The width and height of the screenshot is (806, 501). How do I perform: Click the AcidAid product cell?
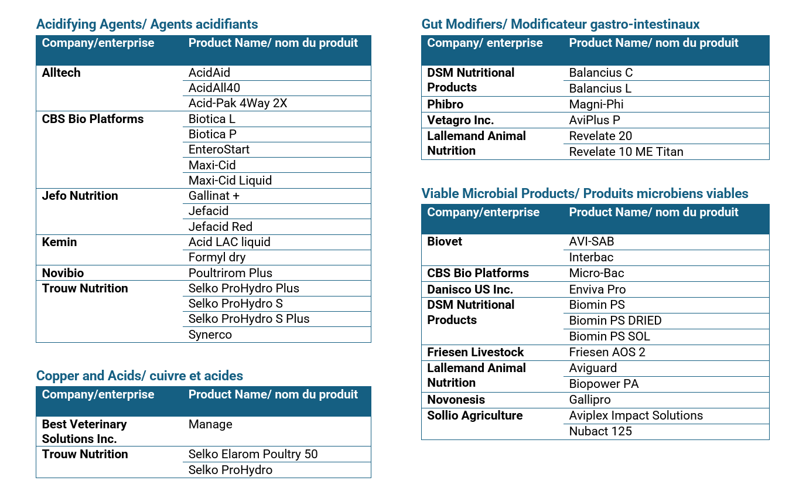tap(209, 73)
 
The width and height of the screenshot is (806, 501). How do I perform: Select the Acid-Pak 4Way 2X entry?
tap(238, 103)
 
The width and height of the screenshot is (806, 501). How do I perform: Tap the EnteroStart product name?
tap(219, 149)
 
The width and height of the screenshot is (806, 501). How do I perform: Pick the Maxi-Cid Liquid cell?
tap(230, 180)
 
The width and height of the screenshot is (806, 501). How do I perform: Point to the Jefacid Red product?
tap(220, 227)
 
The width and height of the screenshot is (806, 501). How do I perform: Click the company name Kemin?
tap(59, 242)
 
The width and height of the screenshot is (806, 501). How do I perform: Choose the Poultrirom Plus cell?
tap(230, 273)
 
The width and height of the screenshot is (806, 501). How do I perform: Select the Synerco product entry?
tap(210, 335)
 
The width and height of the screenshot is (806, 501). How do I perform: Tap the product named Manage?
tap(210, 424)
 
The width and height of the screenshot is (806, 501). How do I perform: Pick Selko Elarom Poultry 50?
tap(253, 454)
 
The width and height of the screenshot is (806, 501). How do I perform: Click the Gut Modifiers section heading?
tap(560, 24)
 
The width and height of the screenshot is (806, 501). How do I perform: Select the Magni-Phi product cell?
tap(596, 104)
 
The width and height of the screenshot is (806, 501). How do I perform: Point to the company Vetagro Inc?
tap(460, 120)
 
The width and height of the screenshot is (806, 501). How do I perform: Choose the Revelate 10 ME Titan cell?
tap(626, 152)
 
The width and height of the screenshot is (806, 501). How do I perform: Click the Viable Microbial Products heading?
tap(585, 193)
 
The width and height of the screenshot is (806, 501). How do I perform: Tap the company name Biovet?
tap(445, 241)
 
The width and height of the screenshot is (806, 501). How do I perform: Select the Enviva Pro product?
tap(597, 289)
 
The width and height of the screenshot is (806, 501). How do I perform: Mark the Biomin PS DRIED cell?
tap(615, 321)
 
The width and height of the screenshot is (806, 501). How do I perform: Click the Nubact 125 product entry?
tap(600, 431)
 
